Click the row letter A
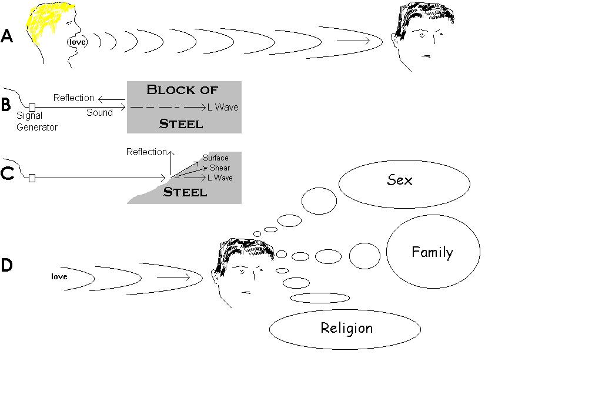pos(6,36)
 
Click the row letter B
pos(6,105)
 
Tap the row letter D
pos(6,265)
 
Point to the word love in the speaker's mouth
pos(78,42)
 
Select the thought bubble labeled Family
pos(432,253)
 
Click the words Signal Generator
pos(36,121)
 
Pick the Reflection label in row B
pos(73,98)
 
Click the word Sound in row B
pos(99,113)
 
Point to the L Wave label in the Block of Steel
pos(223,108)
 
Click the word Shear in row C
pos(220,168)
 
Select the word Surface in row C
pos(216,158)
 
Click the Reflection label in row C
pos(146,152)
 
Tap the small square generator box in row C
pos(32,178)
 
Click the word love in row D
pos(59,276)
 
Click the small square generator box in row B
pos(32,107)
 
